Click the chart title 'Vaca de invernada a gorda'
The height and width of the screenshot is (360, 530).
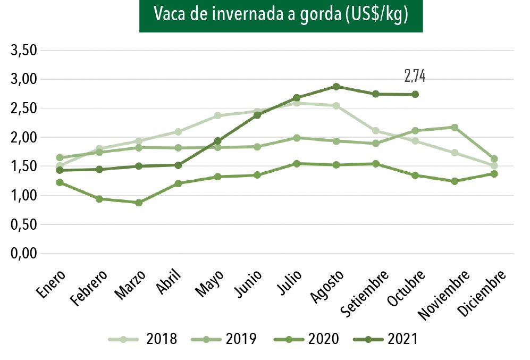click(281, 15)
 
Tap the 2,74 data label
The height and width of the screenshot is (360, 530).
click(415, 77)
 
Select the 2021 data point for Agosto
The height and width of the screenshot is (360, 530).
click(336, 86)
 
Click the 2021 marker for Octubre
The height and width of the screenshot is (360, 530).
click(415, 94)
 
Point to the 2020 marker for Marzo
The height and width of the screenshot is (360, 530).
click(139, 203)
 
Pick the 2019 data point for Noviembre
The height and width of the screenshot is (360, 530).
click(455, 127)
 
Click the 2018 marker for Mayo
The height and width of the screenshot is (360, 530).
click(217, 115)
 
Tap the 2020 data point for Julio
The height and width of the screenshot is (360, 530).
click(297, 164)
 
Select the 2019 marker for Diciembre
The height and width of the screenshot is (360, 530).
click(494, 158)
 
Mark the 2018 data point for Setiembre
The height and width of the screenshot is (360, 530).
click(376, 131)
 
